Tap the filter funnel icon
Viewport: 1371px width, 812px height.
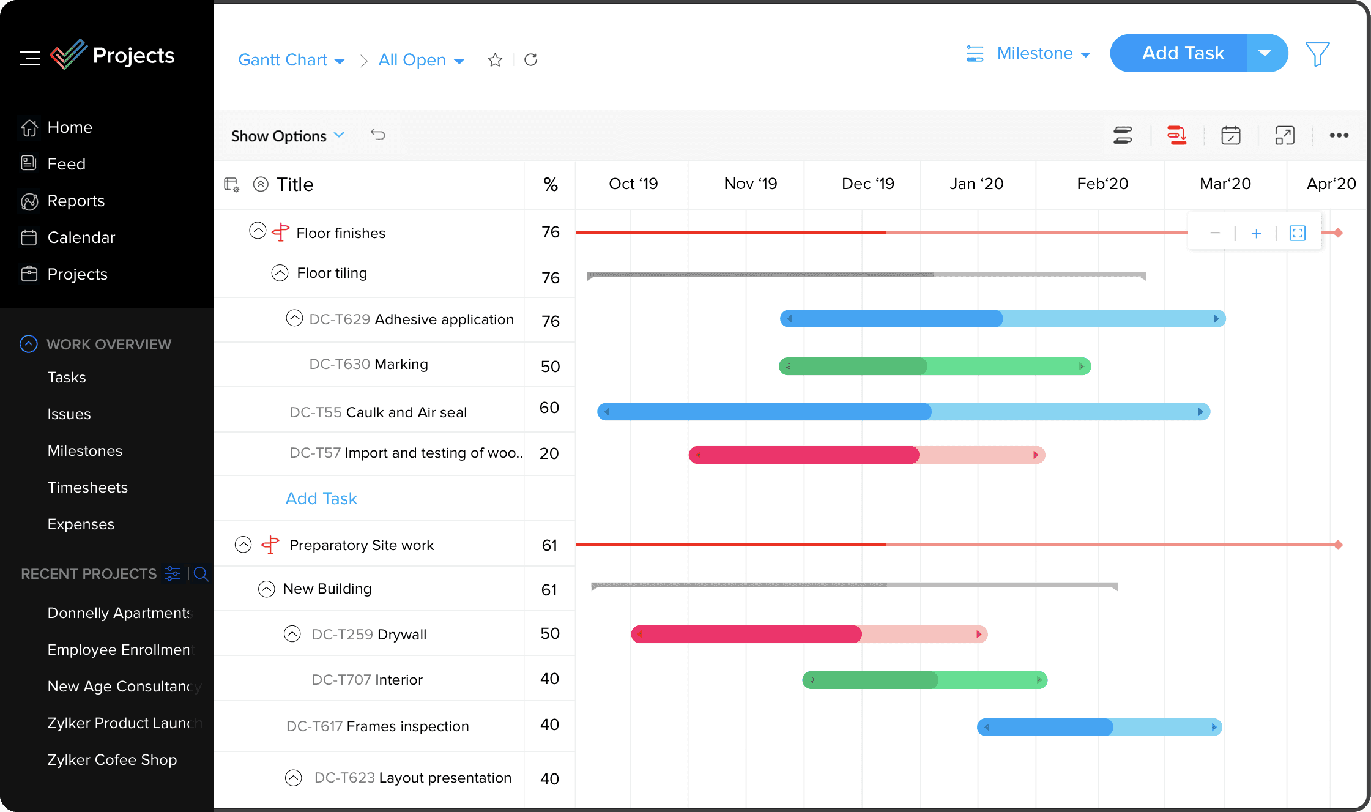tap(1317, 54)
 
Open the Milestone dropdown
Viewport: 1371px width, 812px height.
tap(1044, 54)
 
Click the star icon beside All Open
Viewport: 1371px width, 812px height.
tap(495, 60)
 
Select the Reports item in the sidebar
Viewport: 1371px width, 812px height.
tap(76, 201)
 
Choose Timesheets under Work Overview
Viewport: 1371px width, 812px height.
tap(87, 488)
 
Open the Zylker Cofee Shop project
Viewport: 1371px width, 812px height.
tap(112, 760)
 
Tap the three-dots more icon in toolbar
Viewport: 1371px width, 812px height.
tap(1339, 135)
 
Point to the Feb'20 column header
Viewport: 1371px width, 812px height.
tap(1102, 184)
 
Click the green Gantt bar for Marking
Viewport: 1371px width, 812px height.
tap(934, 367)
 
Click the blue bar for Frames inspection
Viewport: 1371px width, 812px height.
tap(1099, 727)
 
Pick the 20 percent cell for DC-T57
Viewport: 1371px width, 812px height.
tap(549, 453)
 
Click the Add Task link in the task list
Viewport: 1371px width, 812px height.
tap(321, 499)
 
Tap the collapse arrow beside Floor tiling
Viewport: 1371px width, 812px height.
tap(280, 273)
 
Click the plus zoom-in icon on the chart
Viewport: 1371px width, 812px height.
tap(1256, 233)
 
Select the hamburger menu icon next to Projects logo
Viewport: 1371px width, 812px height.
tap(29, 58)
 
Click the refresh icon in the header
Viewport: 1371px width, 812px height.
tap(531, 59)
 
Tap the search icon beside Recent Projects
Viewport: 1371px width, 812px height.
tap(201, 574)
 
